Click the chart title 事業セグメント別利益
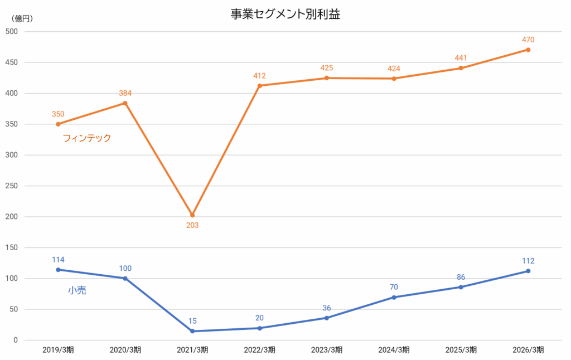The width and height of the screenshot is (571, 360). [285, 14]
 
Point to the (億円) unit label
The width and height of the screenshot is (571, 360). [22, 18]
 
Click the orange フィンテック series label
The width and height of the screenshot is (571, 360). [86, 138]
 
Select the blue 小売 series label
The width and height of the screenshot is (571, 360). [77, 290]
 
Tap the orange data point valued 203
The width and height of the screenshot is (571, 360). [192, 215]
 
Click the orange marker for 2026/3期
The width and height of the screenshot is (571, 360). [528, 50]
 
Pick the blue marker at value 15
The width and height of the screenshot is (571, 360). [192, 331]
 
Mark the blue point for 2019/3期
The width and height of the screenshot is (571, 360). [58, 270]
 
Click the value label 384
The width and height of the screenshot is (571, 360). [125, 93]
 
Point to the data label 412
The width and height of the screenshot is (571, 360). [259, 76]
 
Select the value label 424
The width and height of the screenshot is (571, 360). [394, 69]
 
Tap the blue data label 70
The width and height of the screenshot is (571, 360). [394, 287]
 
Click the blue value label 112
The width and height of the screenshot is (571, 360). [528, 261]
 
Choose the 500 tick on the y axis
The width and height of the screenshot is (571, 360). [12, 32]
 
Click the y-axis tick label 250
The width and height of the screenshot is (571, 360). [12, 186]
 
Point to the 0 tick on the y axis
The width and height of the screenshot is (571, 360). [15, 340]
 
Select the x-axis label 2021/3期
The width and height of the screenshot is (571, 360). [192, 350]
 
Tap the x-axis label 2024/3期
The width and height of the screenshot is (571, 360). [394, 350]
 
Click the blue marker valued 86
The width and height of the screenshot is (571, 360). [461, 287]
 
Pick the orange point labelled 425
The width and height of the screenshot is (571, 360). [327, 78]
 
